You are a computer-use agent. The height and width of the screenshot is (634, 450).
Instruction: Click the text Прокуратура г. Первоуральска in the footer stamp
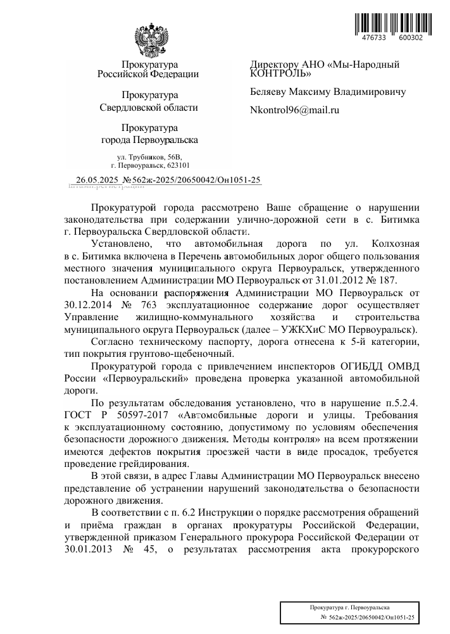click(349, 607)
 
